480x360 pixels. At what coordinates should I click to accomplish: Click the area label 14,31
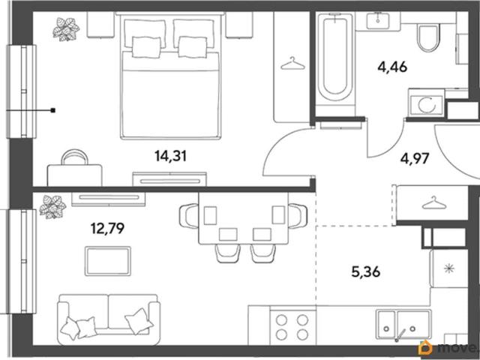170,157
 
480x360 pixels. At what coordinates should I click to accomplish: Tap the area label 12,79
107,228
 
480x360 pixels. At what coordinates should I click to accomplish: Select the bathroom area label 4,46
392,67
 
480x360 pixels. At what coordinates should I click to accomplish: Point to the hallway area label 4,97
415,159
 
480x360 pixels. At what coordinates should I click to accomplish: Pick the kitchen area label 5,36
366,271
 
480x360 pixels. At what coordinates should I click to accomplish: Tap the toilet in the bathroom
428,37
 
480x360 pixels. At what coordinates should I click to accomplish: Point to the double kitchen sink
403,325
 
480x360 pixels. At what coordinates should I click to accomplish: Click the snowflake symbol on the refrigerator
449,268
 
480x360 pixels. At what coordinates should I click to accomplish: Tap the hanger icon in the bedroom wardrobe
292,63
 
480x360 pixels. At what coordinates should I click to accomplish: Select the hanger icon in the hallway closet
433,203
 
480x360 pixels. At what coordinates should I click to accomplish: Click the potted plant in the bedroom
66,29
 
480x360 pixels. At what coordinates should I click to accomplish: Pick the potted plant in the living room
52,207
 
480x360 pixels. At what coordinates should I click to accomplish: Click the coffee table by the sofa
108,261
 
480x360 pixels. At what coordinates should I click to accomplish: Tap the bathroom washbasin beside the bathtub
378,21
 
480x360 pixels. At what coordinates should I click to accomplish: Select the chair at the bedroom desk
74,157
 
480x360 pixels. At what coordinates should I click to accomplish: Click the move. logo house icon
426,348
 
